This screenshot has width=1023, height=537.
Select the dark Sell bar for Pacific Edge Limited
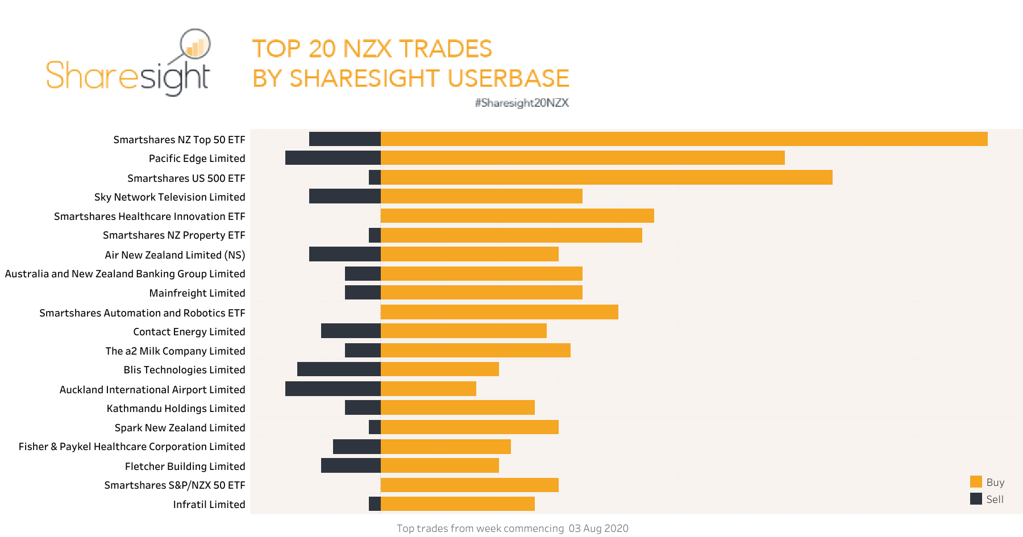click(x=332, y=158)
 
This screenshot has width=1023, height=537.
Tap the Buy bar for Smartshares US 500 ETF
click(x=606, y=177)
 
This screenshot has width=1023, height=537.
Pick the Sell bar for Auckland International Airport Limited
click(x=332, y=389)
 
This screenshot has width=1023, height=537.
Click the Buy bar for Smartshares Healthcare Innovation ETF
click(x=517, y=216)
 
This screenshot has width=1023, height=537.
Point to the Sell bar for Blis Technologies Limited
click(x=339, y=369)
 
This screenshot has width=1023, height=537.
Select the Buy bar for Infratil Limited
click(x=458, y=504)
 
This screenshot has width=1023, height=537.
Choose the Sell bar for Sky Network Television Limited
click(x=344, y=197)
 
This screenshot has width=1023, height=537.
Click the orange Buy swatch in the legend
click(x=976, y=482)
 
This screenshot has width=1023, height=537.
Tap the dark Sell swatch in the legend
click(x=976, y=499)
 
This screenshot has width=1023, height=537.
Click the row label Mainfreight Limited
click(x=197, y=293)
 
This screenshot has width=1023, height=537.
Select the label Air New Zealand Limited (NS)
click(x=174, y=255)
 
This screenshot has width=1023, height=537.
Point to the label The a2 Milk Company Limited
click(x=175, y=351)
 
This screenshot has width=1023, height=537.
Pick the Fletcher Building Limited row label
click(x=185, y=467)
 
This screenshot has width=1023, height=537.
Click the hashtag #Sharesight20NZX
click(x=522, y=103)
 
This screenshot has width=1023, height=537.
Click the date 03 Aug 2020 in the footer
click(x=598, y=528)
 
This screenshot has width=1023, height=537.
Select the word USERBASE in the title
click(x=508, y=78)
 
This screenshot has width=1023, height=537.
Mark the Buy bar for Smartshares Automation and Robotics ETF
click(x=499, y=312)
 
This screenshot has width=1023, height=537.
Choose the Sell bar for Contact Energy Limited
click(x=351, y=331)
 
